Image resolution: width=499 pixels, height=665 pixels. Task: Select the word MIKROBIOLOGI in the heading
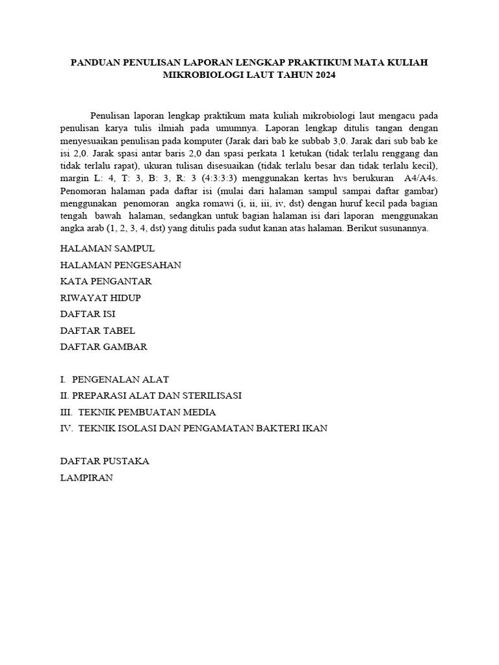pyautogui.click(x=199, y=75)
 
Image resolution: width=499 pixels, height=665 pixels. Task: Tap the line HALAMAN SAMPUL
pyautogui.click(x=107, y=248)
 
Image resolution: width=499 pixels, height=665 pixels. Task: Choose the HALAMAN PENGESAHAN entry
pyautogui.click(x=120, y=265)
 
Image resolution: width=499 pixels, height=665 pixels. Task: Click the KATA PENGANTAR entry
pyautogui.click(x=106, y=281)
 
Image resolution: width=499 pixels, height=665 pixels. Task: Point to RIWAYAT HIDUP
pyautogui.click(x=100, y=297)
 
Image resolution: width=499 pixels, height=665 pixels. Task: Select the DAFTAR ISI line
pyautogui.click(x=88, y=314)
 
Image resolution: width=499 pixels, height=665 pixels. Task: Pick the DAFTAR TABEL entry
pyautogui.click(x=97, y=331)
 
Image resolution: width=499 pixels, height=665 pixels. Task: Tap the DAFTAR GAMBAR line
pyautogui.click(x=104, y=347)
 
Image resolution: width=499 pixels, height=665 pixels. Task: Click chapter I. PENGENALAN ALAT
pyautogui.click(x=114, y=379)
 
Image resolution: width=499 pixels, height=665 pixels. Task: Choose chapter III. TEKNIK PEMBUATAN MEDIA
pyautogui.click(x=138, y=412)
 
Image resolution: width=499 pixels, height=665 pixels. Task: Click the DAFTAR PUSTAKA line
pyautogui.click(x=105, y=461)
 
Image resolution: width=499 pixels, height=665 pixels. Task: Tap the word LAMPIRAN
pyautogui.click(x=86, y=477)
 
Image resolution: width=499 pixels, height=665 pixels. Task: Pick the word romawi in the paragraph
pyautogui.click(x=215, y=205)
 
